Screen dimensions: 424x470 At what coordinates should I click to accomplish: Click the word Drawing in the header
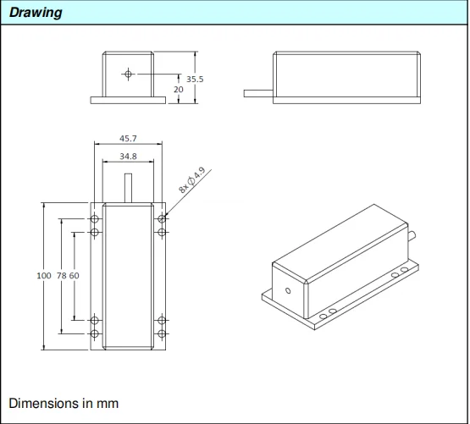36,13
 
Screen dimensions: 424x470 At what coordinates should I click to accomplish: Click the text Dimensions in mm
64,403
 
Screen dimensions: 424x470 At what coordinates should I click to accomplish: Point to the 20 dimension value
179,88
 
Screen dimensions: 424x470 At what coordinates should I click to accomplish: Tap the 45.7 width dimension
129,139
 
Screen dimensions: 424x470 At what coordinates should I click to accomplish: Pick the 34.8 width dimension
129,157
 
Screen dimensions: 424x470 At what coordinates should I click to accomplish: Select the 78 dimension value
60,276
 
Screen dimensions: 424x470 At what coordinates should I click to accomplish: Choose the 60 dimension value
74,276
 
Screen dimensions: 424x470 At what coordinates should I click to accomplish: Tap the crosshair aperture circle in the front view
128,74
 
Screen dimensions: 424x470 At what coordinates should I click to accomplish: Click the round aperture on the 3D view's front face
288,291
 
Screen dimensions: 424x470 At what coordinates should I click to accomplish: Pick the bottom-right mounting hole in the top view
161,333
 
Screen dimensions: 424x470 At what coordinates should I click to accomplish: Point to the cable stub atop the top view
128,187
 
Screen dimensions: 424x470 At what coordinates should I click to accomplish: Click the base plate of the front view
128,100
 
